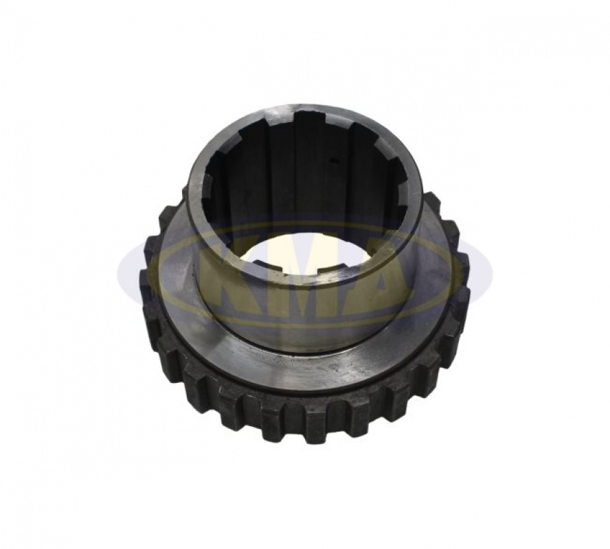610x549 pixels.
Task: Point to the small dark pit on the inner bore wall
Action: point(332,159)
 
